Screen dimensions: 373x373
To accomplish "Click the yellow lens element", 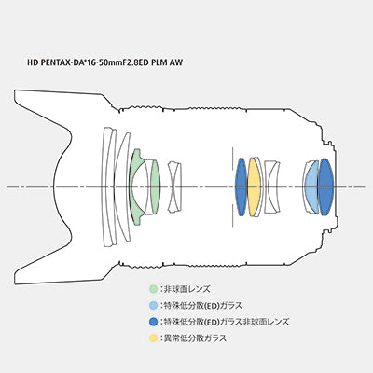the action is pyautogui.click(x=254, y=186).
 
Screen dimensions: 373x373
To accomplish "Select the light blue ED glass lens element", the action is pyautogui.click(x=311, y=186).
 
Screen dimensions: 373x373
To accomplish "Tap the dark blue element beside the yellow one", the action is pyautogui.click(x=241, y=186).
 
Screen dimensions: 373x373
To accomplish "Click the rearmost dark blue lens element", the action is pyautogui.click(x=325, y=186).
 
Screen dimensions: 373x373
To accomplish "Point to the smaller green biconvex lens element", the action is pyautogui.click(x=155, y=186).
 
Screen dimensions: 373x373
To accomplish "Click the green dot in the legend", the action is pyautogui.click(x=153, y=289).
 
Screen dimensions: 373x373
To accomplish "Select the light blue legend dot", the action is pyautogui.click(x=153, y=305).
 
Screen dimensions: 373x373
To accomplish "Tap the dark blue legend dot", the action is pyautogui.click(x=153, y=322).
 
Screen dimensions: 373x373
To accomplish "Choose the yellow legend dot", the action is pyautogui.click(x=153, y=338).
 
